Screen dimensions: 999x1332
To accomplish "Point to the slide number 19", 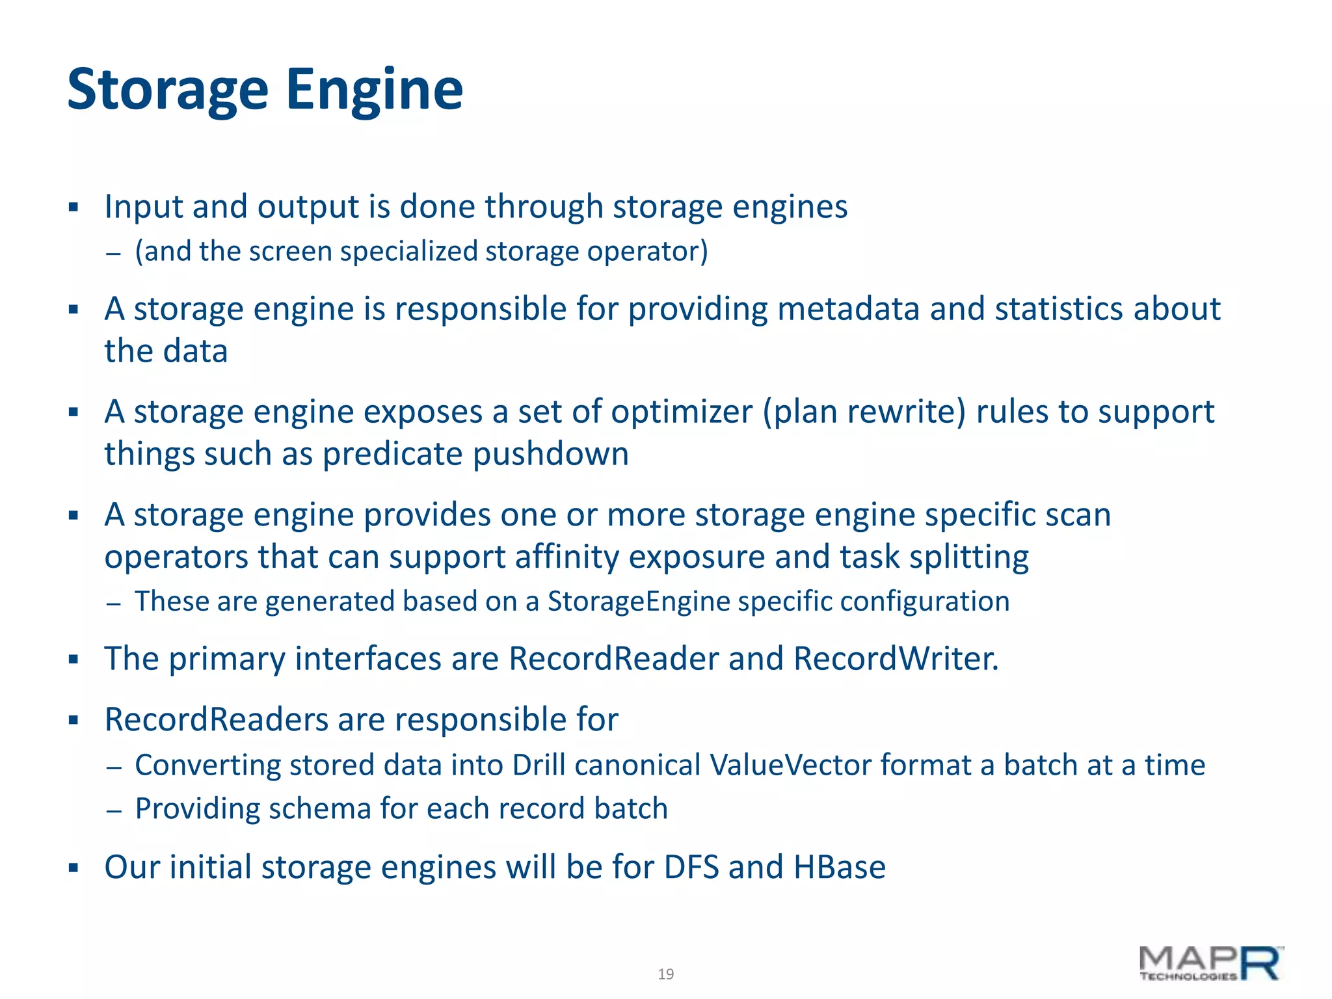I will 665,974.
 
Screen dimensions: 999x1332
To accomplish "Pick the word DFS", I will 691,867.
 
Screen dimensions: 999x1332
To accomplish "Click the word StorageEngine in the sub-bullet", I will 639,601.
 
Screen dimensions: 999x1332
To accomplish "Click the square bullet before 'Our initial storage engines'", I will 73,868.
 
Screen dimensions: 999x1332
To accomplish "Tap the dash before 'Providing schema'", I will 114,810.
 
